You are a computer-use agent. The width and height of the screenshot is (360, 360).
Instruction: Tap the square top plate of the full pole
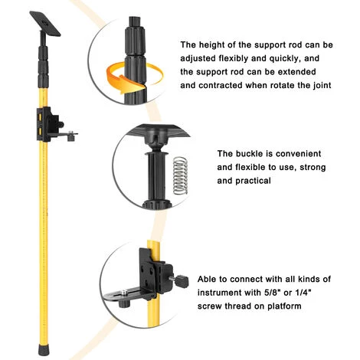tap(45, 24)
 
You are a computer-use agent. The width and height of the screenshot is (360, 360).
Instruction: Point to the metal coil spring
tap(180, 175)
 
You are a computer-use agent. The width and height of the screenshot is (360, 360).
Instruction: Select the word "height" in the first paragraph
tap(215, 45)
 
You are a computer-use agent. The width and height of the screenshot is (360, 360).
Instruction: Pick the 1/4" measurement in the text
tap(303, 293)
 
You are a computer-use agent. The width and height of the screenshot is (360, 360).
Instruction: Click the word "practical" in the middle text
tap(253, 181)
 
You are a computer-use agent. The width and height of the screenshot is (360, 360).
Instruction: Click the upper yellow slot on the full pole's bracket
tap(39, 117)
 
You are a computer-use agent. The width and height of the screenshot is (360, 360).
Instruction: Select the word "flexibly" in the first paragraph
tap(233, 58)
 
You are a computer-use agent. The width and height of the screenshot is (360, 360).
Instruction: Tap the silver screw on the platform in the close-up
tap(124, 292)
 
